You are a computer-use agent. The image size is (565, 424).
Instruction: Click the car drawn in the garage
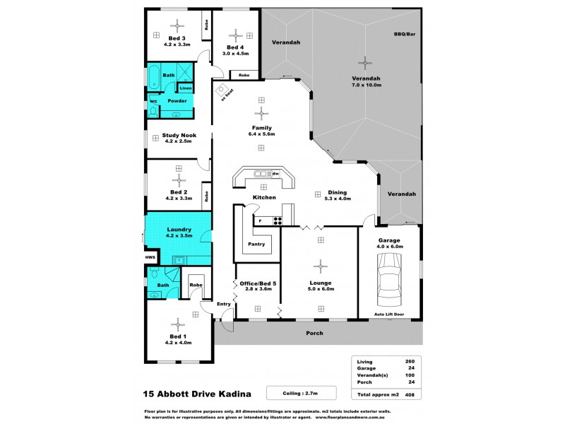pos(388,278)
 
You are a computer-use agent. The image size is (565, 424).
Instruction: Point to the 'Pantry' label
pos(256,245)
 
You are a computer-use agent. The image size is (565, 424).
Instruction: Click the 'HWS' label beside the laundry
pos(150,257)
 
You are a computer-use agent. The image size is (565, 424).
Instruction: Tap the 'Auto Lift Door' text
pos(388,313)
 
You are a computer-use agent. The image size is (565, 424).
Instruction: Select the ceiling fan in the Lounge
pos(321,266)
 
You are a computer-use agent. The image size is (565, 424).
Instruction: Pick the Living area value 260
pos(410,360)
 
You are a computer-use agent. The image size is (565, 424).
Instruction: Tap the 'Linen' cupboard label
pos(185,88)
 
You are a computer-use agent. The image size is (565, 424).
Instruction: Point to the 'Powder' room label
pos(177,101)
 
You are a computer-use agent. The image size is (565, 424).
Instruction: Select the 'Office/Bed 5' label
pos(257,285)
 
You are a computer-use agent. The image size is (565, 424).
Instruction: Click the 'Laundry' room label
pos(179,229)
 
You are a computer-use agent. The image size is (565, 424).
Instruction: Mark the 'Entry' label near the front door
pos(224,304)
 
